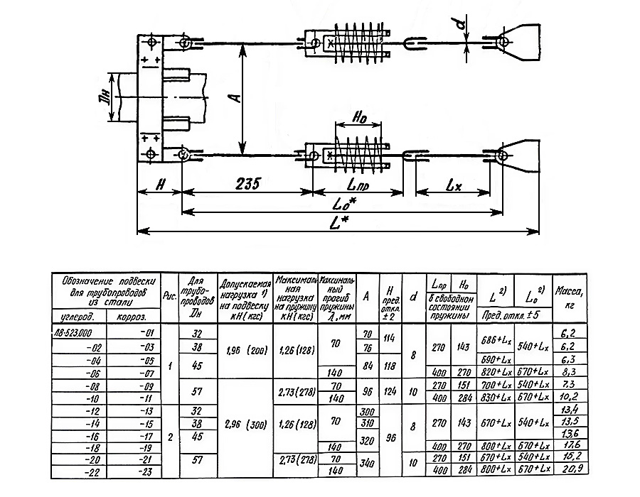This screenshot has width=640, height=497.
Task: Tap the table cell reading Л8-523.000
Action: click(x=82, y=332)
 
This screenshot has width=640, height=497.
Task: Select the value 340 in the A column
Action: click(x=367, y=464)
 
